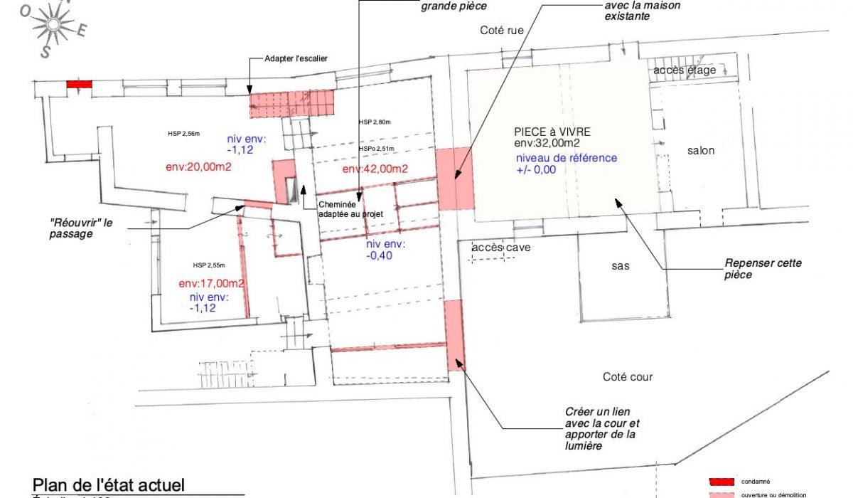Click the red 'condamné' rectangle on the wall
(x=79, y=84)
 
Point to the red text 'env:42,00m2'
(x=375, y=169)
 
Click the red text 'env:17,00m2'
(x=212, y=282)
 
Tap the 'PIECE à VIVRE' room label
(x=552, y=132)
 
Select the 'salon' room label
(x=700, y=151)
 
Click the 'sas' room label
(x=622, y=265)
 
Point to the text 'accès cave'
(x=500, y=248)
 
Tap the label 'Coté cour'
(x=628, y=377)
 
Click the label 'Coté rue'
(x=502, y=30)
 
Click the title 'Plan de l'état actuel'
(x=109, y=484)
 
